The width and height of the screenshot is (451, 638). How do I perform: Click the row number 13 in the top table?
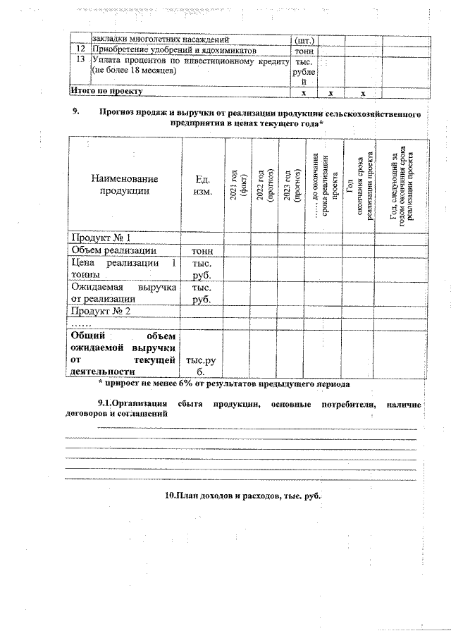[x=80, y=61]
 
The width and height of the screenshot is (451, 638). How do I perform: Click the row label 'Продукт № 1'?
[x=100, y=237]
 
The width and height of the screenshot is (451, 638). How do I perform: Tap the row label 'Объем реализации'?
[x=113, y=250]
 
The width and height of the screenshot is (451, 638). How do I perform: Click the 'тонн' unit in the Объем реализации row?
[x=203, y=250]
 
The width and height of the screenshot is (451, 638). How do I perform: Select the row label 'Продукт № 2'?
[x=100, y=310]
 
